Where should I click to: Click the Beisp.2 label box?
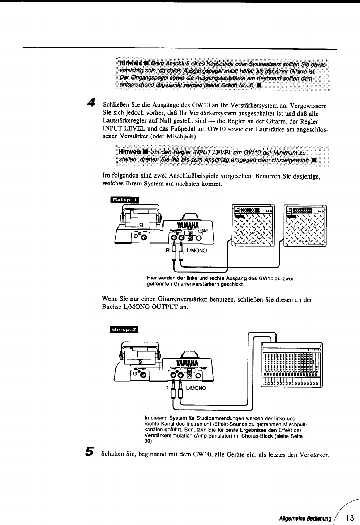click(124, 329)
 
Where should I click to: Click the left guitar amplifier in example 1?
click(253, 225)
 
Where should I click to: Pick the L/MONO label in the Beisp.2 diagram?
click(196, 388)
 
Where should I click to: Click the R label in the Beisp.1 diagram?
click(167, 250)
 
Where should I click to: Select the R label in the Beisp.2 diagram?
click(167, 388)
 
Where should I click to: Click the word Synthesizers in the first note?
click(266, 64)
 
